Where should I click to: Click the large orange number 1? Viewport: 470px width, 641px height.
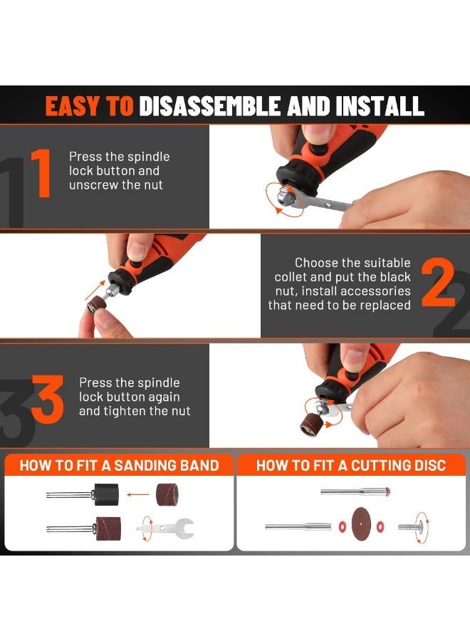(x=41, y=173)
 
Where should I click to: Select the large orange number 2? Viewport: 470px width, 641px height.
(x=438, y=283)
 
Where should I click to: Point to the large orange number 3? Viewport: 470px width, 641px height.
(x=48, y=399)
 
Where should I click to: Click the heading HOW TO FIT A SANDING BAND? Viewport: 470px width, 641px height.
(x=120, y=465)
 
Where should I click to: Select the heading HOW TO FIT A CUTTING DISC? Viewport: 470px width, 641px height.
(x=351, y=465)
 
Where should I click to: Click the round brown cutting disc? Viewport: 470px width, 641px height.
(x=361, y=524)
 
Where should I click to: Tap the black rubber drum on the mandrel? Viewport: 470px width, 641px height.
(x=106, y=495)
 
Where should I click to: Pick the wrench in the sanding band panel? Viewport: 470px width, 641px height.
(x=165, y=528)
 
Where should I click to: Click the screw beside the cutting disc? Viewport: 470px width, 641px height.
(x=410, y=526)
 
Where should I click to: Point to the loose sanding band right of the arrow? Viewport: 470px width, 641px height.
(x=167, y=495)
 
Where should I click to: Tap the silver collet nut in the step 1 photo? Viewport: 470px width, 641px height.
(x=286, y=197)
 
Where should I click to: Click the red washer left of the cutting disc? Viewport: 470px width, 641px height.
(x=342, y=526)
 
